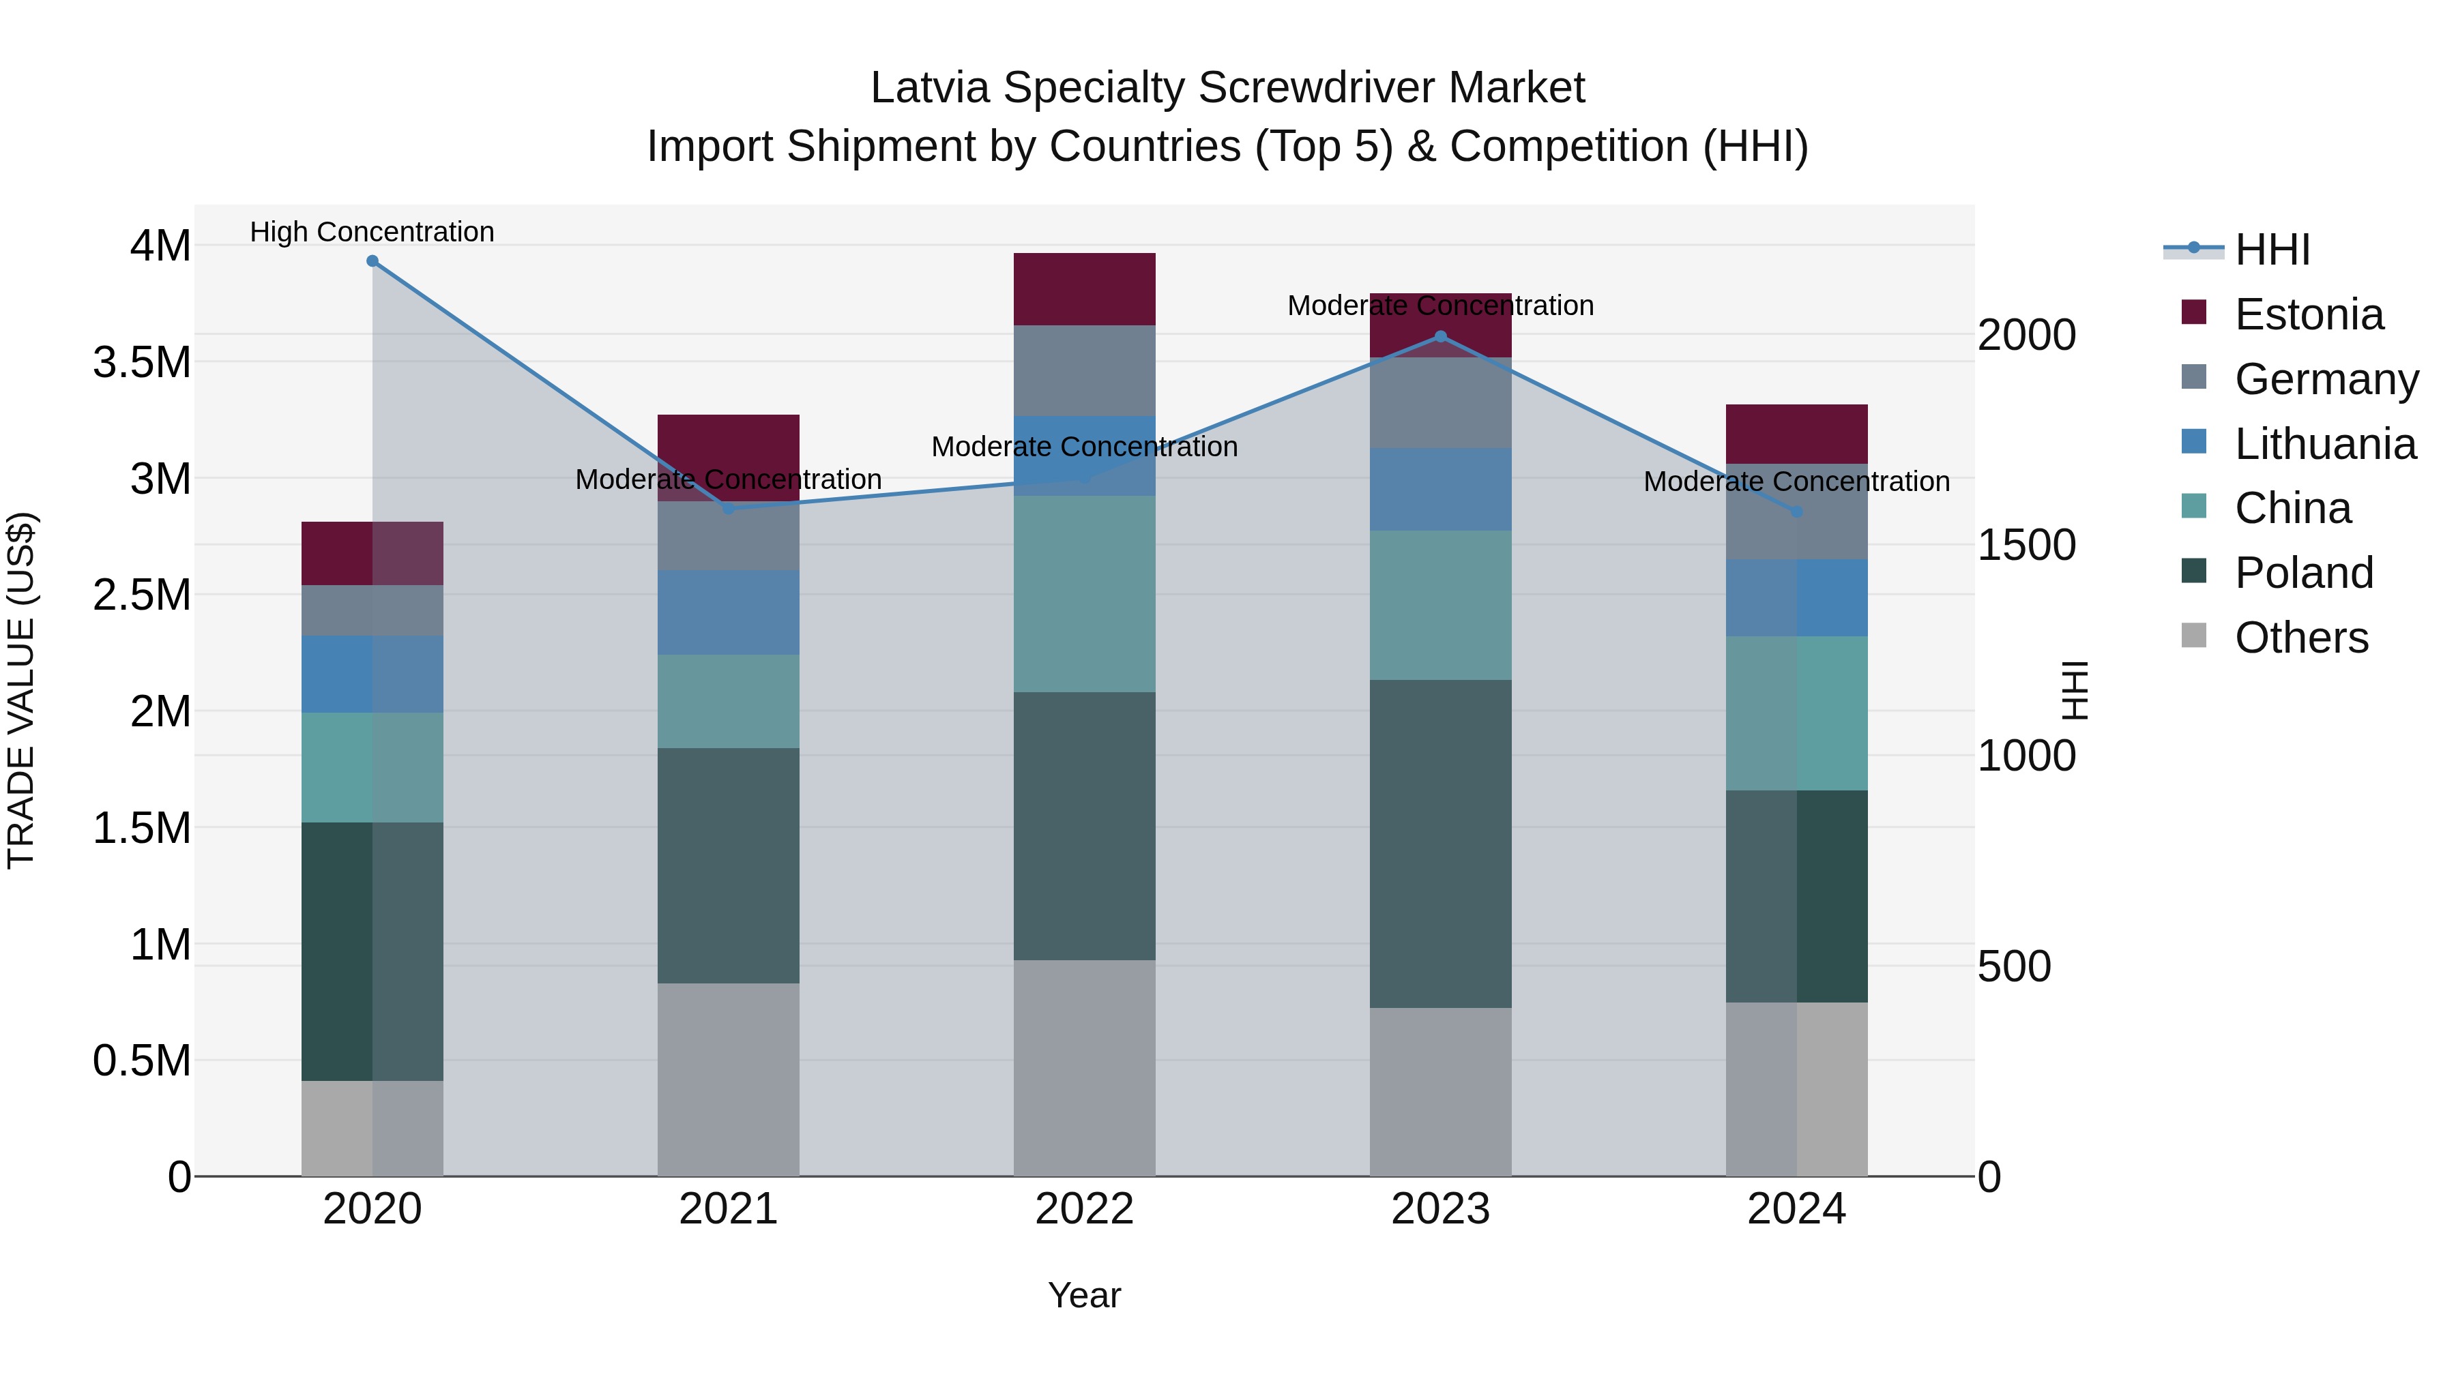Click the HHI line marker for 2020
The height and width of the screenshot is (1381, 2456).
pyautogui.click(x=372, y=261)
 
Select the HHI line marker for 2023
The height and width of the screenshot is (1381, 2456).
pyautogui.click(x=1441, y=336)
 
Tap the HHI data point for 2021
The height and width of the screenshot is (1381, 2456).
pyautogui.click(x=729, y=508)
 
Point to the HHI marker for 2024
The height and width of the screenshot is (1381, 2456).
pyautogui.click(x=1796, y=511)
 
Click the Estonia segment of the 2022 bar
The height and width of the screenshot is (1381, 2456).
pyautogui.click(x=1084, y=288)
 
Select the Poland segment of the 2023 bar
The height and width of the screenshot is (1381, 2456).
pyautogui.click(x=1441, y=844)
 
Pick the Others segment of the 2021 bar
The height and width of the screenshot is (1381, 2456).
pyautogui.click(x=729, y=1079)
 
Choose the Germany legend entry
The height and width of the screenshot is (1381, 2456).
pyautogui.click(x=2326, y=379)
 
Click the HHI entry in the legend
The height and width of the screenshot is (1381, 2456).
pyautogui.click(x=2272, y=250)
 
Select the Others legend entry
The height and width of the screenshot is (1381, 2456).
pyautogui.click(x=2300, y=638)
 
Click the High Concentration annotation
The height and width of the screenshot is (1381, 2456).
pyautogui.click(x=372, y=232)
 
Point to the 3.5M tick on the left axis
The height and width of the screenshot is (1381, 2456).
pyautogui.click(x=142, y=363)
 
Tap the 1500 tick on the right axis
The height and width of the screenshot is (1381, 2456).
pyautogui.click(x=2026, y=545)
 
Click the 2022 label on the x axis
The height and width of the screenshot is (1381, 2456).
pyautogui.click(x=1084, y=1209)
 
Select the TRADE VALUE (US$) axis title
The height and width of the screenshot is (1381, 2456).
pyautogui.click(x=22, y=690)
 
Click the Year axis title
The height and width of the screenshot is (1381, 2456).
pyautogui.click(x=1084, y=1295)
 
